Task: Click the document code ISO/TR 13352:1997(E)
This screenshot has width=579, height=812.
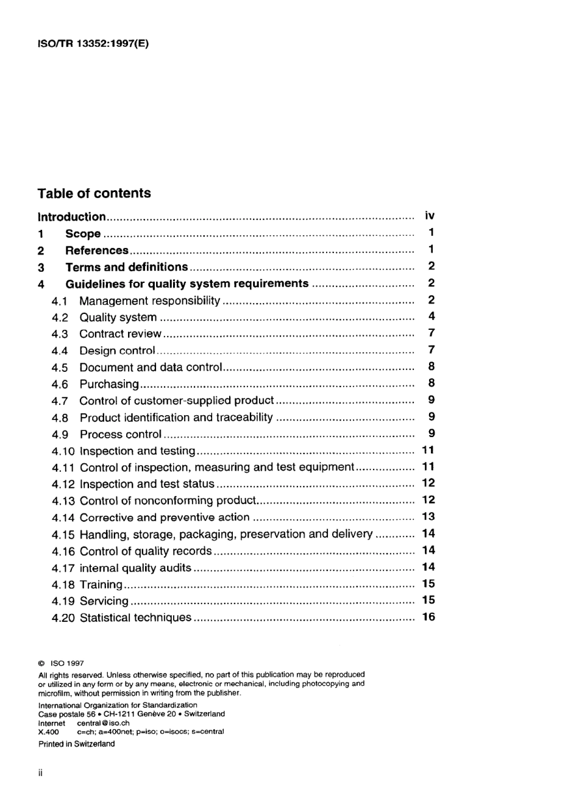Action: pyautogui.click(x=93, y=44)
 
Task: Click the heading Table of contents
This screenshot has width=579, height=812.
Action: pyautogui.click(x=94, y=193)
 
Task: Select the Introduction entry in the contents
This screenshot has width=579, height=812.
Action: pyautogui.click(x=72, y=216)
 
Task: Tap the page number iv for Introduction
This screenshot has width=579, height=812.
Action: pyautogui.click(x=430, y=216)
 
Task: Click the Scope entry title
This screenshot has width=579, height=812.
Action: pyautogui.click(x=83, y=233)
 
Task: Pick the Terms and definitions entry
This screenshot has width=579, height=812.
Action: pyautogui.click(x=126, y=267)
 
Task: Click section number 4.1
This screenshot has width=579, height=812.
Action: pyautogui.click(x=60, y=301)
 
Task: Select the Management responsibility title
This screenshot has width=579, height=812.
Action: pyautogui.click(x=149, y=301)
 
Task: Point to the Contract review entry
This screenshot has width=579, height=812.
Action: pyautogui.click(x=120, y=334)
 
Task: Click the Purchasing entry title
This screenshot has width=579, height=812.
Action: pyautogui.click(x=109, y=384)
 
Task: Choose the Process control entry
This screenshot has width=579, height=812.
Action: pyautogui.click(x=121, y=435)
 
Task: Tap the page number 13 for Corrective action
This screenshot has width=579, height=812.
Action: pyautogui.click(x=428, y=516)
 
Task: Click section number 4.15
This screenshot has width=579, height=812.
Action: pyautogui.click(x=63, y=535)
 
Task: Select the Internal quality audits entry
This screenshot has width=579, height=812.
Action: pyautogui.click(x=135, y=568)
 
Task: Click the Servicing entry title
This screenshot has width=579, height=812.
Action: pyautogui.click(x=104, y=601)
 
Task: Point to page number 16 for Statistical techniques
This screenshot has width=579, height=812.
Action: pyautogui.click(x=428, y=617)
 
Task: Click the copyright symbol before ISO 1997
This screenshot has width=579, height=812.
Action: pyautogui.click(x=41, y=663)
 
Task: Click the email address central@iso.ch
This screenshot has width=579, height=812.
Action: pyautogui.click(x=103, y=723)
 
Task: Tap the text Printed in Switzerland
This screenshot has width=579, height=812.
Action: pyautogui.click(x=76, y=744)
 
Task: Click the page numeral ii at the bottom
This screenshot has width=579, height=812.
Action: pyautogui.click(x=40, y=773)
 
